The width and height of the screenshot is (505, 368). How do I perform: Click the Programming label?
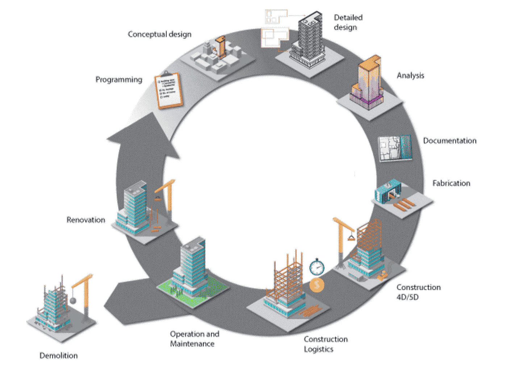coord(119,79)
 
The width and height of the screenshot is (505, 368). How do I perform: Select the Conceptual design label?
coord(159,34)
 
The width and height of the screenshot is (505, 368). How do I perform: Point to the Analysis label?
coord(410,75)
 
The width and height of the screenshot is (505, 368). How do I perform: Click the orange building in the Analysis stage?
coord(368,82)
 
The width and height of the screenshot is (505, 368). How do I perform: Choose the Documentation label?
coord(450,141)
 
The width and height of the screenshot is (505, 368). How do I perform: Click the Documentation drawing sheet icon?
coord(395,148)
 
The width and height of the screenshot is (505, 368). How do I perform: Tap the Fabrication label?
coord(451,183)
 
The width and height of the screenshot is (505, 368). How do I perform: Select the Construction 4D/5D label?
coord(418,292)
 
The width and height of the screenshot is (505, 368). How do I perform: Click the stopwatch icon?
coord(317,267)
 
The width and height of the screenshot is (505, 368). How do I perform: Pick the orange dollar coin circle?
coord(317,285)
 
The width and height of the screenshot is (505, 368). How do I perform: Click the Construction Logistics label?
coord(325,344)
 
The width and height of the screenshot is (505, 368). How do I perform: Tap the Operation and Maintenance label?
coord(195,339)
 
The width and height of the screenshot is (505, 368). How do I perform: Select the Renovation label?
coord(86,220)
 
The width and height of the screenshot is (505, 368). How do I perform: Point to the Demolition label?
coord(59,356)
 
